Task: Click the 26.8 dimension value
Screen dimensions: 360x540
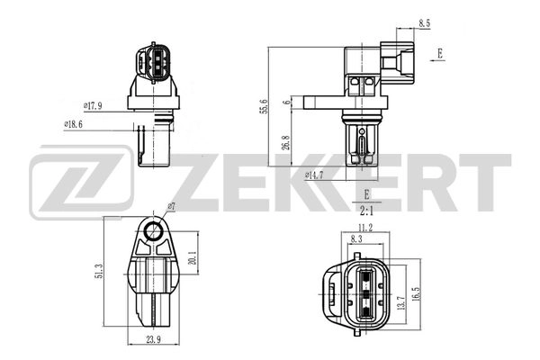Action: (286, 143)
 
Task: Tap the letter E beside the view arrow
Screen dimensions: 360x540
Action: (440, 53)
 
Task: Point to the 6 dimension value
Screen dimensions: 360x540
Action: (287, 103)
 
